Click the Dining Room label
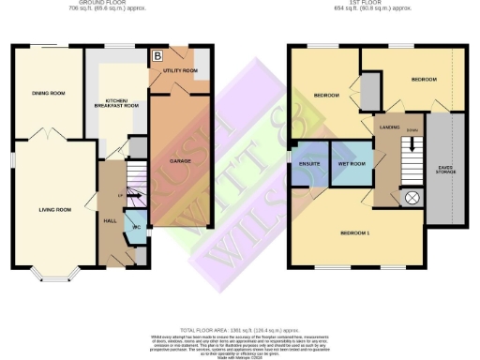click(x=49, y=93)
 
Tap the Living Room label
click(x=53, y=209)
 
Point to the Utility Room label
click(x=183, y=70)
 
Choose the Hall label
click(x=109, y=220)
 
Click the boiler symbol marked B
click(x=157, y=56)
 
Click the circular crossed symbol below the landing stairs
click(x=411, y=198)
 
